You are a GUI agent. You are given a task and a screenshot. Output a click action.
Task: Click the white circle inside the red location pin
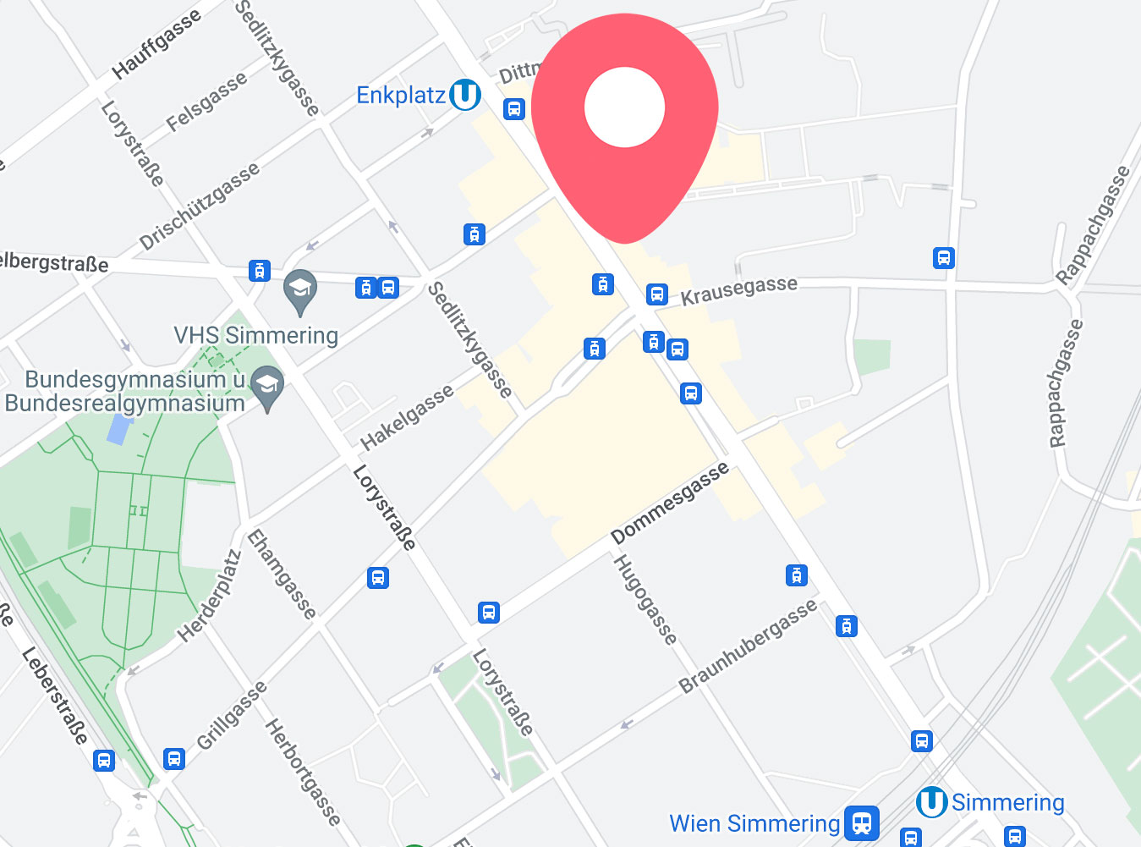pos(624,107)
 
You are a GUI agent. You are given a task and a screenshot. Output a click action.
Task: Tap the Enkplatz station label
pos(400,96)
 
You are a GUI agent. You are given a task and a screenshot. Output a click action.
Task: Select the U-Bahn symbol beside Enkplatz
pos(464,95)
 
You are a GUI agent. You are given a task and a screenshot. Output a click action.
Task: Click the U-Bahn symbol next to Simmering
pos(931,802)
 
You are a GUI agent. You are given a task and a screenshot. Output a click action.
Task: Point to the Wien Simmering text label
pos(754,823)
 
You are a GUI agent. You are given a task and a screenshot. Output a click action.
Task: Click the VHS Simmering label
pos(255,336)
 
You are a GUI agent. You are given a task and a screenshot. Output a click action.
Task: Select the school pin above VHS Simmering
pos(299,290)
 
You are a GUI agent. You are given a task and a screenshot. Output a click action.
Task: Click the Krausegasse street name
pos(739,290)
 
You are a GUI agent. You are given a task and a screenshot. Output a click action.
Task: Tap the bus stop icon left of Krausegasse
pos(656,294)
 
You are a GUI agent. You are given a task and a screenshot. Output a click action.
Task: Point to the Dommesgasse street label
pos(669,503)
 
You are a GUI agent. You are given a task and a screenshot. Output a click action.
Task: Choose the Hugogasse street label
pos(645,600)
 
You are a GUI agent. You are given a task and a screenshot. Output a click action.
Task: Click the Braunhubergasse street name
pos(748,646)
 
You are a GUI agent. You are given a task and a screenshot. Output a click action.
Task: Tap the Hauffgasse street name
pos(156,44)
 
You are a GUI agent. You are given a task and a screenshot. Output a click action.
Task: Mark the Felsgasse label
pos(206,102)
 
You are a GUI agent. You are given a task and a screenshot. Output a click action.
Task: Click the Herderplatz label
pos(209,597)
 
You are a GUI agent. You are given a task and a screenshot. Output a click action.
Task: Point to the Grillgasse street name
pos(231,716)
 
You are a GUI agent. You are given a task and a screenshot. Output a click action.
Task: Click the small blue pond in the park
pos(119,429)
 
